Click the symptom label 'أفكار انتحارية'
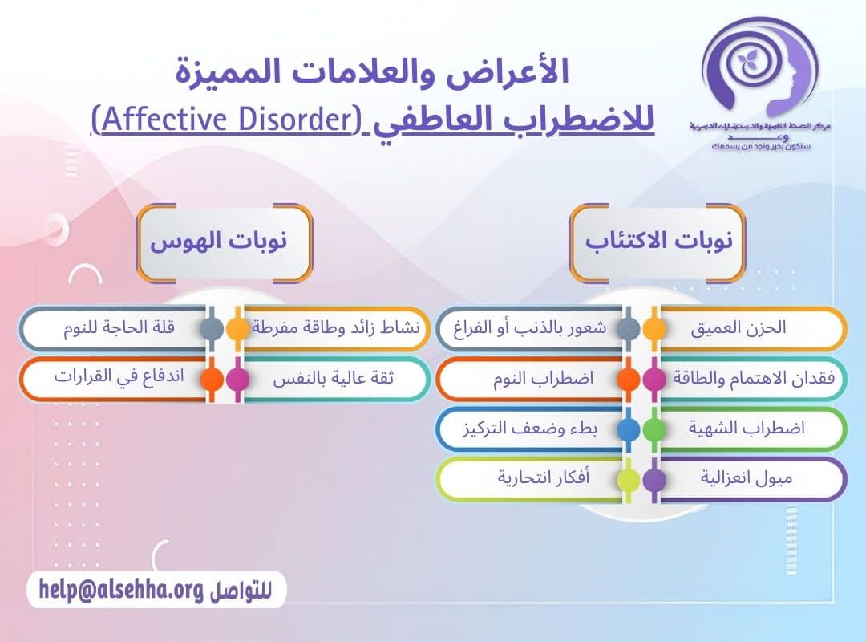pos(544,479)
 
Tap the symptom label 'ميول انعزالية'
pos(747,479)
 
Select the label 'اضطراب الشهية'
pos(746,429)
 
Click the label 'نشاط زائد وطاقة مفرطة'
pos(341,329)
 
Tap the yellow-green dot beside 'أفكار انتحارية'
pos(629,480)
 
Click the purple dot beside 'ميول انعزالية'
pos(654,480)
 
